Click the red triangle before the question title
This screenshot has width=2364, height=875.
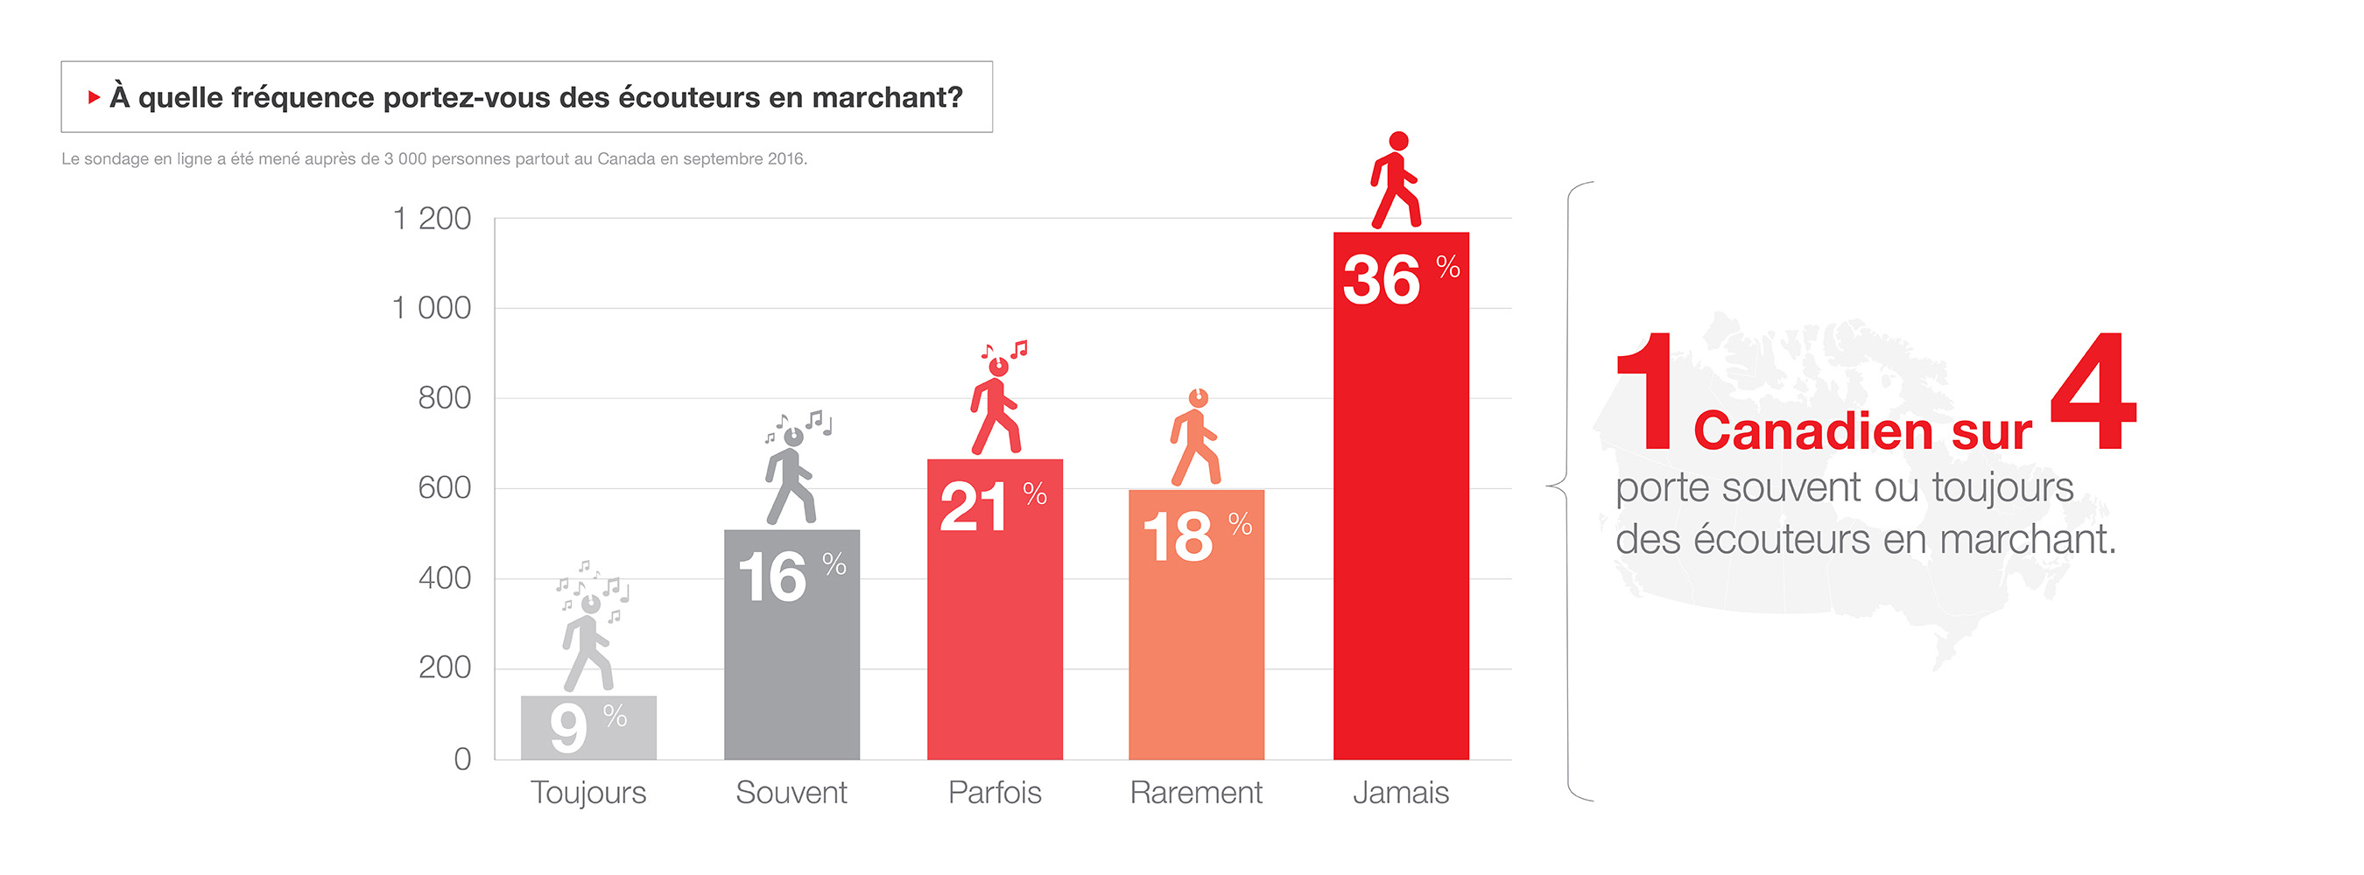(x=94, y=97)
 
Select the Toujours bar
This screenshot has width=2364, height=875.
(x=588, y=727)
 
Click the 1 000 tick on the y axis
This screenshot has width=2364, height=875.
(x=432, y=308)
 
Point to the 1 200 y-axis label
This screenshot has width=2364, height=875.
(x=432, y=220)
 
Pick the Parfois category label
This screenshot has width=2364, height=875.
(x=995, y=793)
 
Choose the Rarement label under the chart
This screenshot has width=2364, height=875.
(x=1196, y=793)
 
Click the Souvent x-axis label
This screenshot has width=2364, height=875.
(x=791, y=793)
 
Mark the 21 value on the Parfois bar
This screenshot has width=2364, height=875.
(x=973, y=507)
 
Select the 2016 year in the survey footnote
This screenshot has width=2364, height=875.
(x=785, y=158)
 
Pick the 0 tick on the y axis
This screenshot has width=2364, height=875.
(x=462, y=759)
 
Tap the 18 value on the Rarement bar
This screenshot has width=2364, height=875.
(x=1178, y=537)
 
